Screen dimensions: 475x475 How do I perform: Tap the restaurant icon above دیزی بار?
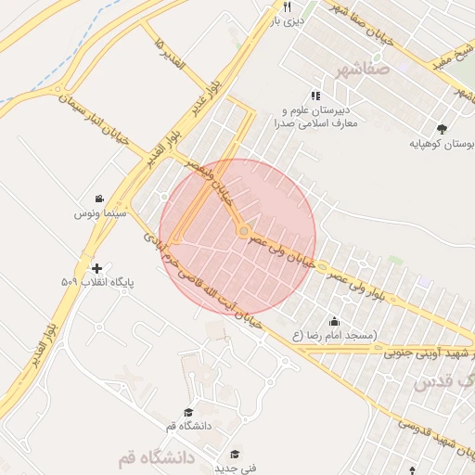tap(288, 6)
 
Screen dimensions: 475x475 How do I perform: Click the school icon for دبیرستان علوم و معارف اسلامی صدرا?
tap(316, 96)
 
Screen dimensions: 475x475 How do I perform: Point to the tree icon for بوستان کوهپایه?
tap(441, 129)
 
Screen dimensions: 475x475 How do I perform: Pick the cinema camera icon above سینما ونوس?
tap(99, 199)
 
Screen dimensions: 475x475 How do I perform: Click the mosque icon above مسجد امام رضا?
tap(334, 321)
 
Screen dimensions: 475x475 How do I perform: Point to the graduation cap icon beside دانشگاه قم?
tap(188, 412)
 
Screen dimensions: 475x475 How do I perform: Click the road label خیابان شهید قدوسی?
tap(436, 436)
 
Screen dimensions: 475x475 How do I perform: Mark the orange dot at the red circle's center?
tap(243, 230)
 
